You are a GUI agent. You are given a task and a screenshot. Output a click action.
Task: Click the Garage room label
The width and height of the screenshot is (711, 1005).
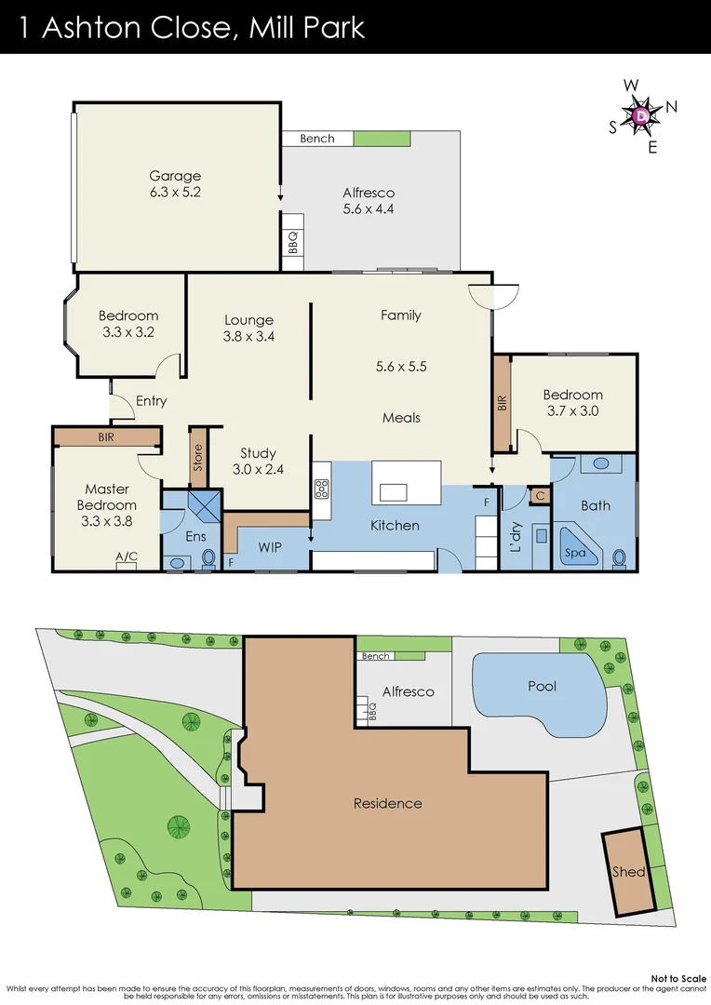pyautogui.click(x=176, y=176)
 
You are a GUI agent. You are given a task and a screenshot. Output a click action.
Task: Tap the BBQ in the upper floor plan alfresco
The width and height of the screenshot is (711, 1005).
pyautogui.click(x=292, y=243)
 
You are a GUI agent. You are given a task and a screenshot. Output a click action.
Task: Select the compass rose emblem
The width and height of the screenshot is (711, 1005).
pyautogui.click(x=643, y=115)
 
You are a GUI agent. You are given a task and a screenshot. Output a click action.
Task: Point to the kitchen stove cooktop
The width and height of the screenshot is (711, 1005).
pyautogui.click(x=322, y=488)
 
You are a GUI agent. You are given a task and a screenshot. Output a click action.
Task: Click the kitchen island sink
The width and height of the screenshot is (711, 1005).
pyautogui.click(x=395, y=492)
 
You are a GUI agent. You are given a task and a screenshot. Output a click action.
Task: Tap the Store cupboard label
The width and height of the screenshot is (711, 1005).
pyautogui.click(x=197, y=458)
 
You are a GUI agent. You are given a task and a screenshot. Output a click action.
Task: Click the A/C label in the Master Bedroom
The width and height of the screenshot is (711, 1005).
pyautogui.click(x=127, y=556)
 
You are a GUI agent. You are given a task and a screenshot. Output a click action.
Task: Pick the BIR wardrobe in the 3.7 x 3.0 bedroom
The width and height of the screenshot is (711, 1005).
pyautogui.click(x=502, y=403)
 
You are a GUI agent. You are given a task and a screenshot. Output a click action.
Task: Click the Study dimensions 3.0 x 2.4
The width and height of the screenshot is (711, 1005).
pyautogui.click(x=258, y=469)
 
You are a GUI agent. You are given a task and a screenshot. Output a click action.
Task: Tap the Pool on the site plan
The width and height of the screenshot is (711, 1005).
pyautogui.click(x=542, y=686)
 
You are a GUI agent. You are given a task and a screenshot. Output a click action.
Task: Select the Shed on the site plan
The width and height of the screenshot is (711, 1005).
pyautogui.click(x=628, y=872)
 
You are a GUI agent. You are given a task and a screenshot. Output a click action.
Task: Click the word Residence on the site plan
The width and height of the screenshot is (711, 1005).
pyautogui.click(x=387, y=803)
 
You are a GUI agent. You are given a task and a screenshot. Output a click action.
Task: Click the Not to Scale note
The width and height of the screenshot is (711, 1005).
pyautogui.click(x=678, y=978)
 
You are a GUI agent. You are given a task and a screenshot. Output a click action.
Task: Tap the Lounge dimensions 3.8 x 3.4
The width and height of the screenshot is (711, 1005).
pyautogui.click(x=248, y=336)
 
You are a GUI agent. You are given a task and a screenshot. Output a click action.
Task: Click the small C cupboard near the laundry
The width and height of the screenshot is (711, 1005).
pyautogui.click(x=539, y=497)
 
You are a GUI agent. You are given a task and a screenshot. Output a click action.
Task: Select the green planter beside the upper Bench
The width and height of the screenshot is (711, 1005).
pyautogui.click(x=381, y=139)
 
